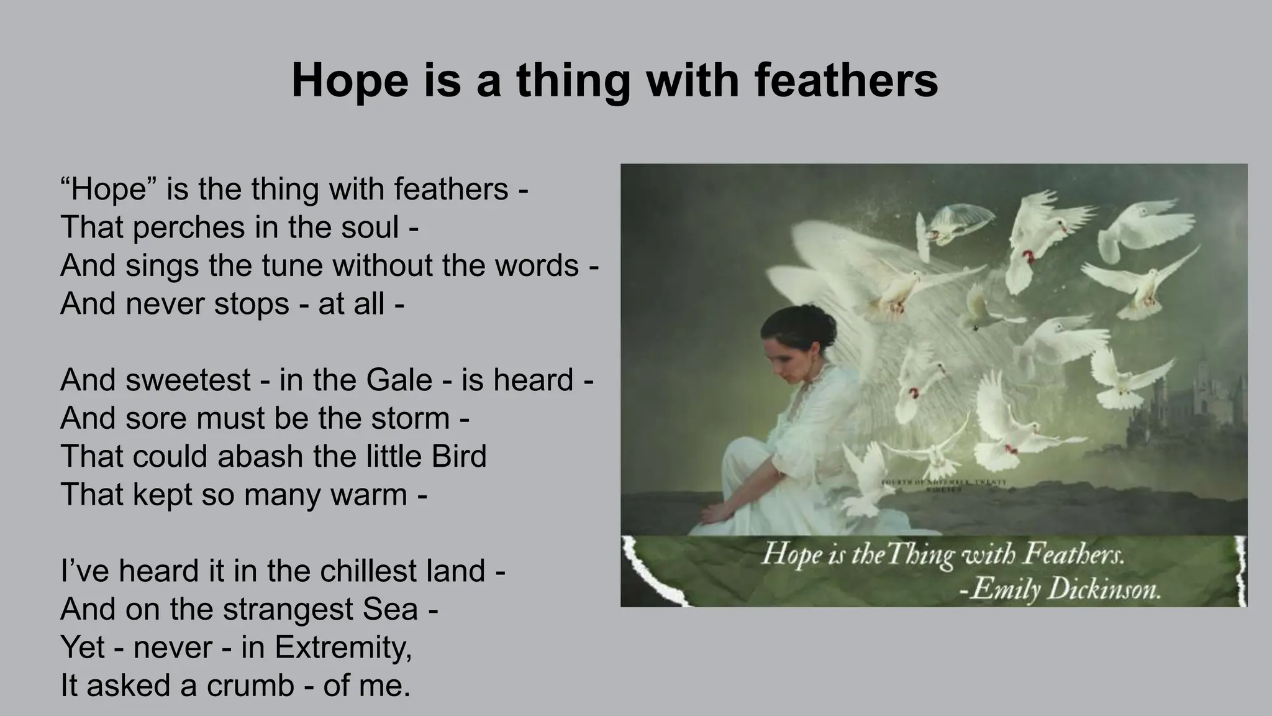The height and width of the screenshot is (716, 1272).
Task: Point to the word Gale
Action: click(399, 380)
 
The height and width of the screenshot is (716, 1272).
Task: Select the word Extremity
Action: click(343, 648)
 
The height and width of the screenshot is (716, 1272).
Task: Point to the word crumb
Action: click(250, 686)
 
